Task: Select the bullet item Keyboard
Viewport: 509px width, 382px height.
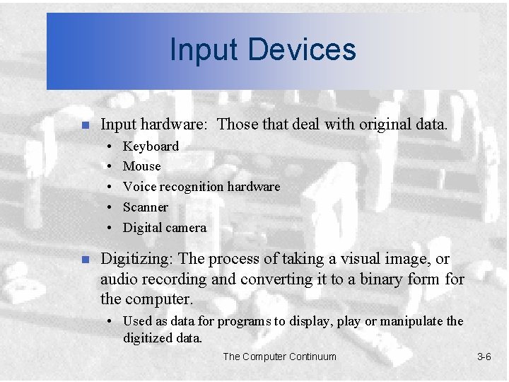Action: (x=151, y=146)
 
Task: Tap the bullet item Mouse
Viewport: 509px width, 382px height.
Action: (x=141, y=166)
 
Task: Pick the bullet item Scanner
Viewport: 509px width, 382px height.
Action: (x=145, y=207)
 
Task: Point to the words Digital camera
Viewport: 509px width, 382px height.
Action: (x=165, y=228)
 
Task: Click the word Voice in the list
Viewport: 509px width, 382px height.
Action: (x=138, y=187)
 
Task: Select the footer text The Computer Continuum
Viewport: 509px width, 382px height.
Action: (x=279, y=357)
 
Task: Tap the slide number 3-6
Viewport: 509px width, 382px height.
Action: (x=484, y=357)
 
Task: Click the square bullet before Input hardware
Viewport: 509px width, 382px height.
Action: (x=83, y=126)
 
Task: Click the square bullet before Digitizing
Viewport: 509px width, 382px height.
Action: (x=83, y=260)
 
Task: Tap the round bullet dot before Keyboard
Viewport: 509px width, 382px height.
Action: (x=111, y=146)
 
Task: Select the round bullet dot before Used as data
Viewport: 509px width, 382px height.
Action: (x=111, y=321)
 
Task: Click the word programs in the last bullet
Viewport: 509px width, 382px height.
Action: (x=241, y=321)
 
